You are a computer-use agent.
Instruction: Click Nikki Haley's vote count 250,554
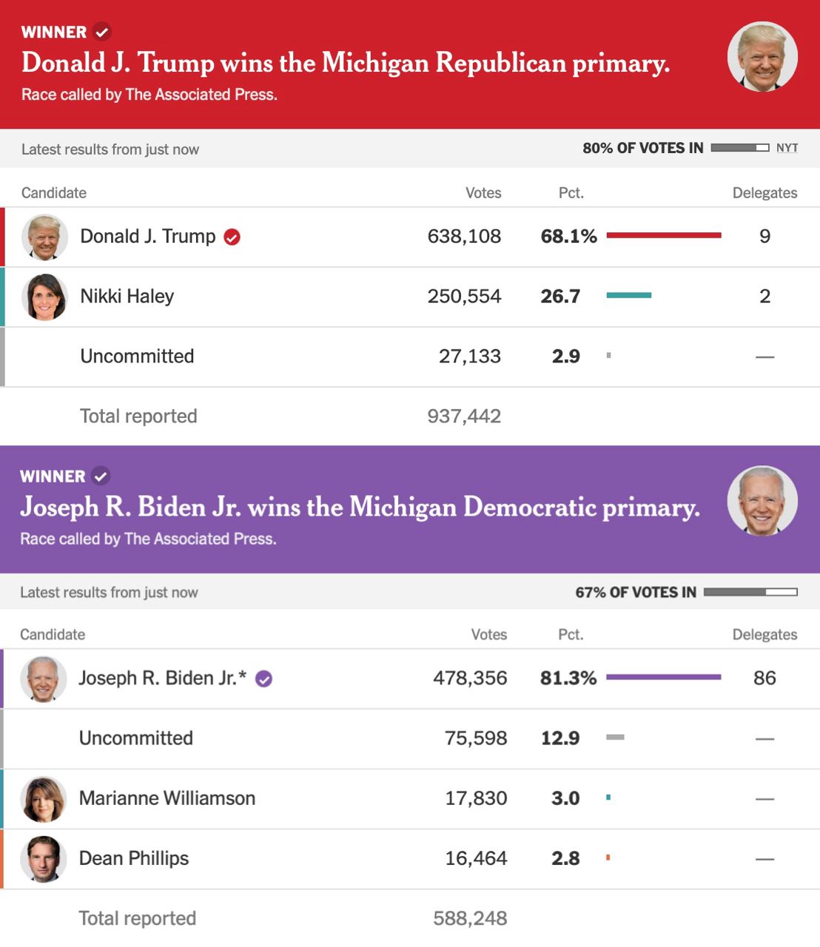464,297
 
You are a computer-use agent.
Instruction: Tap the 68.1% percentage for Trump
568,237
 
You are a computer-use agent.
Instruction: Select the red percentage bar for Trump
663,235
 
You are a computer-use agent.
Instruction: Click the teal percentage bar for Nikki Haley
628,295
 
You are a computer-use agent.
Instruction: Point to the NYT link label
787,148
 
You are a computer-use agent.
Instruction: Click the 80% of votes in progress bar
739,148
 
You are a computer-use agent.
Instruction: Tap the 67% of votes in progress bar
750,592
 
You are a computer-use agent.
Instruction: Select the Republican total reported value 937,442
464,417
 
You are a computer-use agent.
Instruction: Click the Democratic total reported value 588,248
470,919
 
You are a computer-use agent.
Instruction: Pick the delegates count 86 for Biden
764,678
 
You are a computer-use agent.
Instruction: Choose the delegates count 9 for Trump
764,237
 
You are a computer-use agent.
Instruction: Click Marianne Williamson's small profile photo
44,799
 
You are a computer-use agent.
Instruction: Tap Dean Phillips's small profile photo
44,859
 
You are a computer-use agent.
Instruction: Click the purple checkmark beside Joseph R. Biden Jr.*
263,679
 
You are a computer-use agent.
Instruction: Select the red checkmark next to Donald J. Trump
232,237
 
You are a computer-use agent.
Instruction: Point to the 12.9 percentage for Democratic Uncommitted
560,738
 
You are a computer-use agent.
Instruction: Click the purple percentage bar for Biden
663,677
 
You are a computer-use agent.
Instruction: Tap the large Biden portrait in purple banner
762,501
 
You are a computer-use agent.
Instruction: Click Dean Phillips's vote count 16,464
476,859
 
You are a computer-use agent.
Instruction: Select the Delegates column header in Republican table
764,193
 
